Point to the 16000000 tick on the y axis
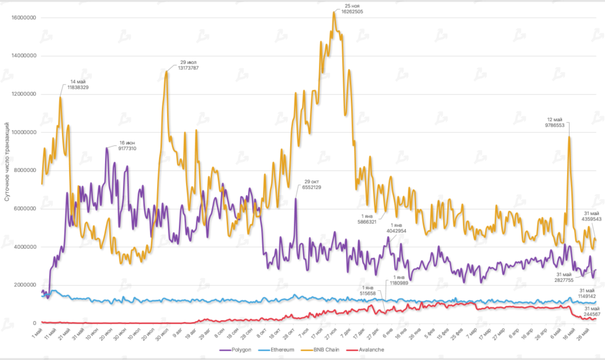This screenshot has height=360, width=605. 24,18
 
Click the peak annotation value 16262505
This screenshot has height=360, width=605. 349,11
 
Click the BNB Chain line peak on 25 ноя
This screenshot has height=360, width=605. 334,13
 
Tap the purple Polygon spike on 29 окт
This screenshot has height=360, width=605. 295,199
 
